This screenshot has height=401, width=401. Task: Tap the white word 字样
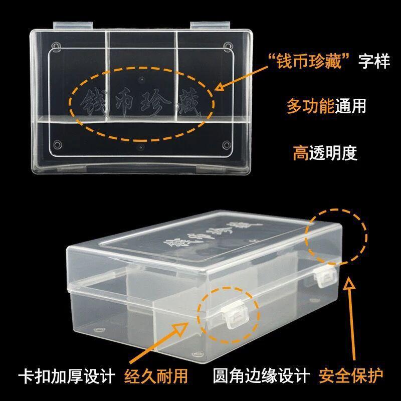[x=374, y=64]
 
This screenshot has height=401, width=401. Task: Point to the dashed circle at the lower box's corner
[x=336, y=235]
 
